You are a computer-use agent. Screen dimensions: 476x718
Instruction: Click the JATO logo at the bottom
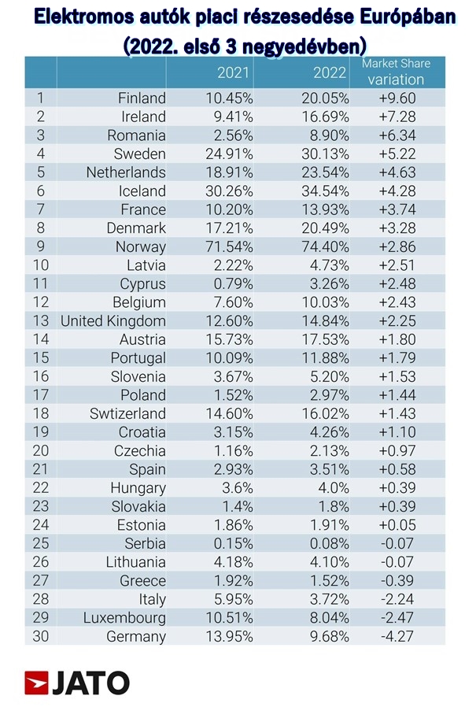pos(77,683)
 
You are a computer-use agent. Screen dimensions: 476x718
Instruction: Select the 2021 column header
pos(233,72)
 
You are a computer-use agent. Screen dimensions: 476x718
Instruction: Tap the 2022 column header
pos(330,72)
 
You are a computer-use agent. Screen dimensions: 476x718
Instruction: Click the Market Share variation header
pos(396,72)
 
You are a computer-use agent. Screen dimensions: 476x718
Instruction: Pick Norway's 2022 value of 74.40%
pos(325,246)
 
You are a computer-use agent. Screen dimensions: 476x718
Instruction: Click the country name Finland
pos(142,98)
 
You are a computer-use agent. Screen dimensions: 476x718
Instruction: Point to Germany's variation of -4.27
pos(397,636)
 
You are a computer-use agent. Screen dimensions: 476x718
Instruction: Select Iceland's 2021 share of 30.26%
pos(229,191)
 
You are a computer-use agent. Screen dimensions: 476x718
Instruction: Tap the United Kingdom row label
pos(113,321)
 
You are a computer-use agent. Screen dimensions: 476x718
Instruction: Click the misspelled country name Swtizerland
pos(127,413)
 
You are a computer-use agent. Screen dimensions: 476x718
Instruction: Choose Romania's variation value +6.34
pos(397,135)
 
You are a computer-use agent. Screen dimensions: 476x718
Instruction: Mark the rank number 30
pos(41,636)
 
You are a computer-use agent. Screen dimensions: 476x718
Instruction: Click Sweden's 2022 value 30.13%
pos(325,154)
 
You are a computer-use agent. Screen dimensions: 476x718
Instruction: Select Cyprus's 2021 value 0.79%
pos(233,284)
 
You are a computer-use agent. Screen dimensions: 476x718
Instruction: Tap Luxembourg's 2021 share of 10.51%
pos(229,617)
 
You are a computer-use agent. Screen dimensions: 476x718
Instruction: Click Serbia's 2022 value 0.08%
pos(329,543)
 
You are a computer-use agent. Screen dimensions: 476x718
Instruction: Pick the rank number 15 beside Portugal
pos(41,357)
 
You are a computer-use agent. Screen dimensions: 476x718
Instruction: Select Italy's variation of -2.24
pos(397,599)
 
